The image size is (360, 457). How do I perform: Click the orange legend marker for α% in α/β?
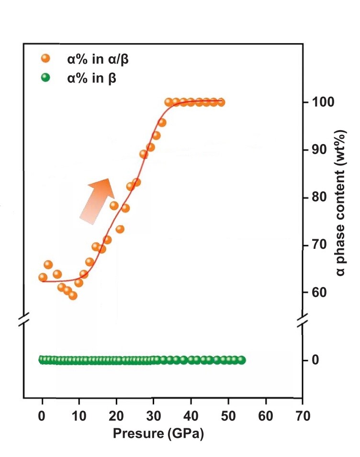coord(45,59)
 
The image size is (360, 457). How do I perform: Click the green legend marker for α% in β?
coord(45,78)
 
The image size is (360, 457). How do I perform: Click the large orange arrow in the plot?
coord(98,200)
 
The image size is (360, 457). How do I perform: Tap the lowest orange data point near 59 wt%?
coord(73,295)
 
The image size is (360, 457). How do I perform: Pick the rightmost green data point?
coord(241,360)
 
